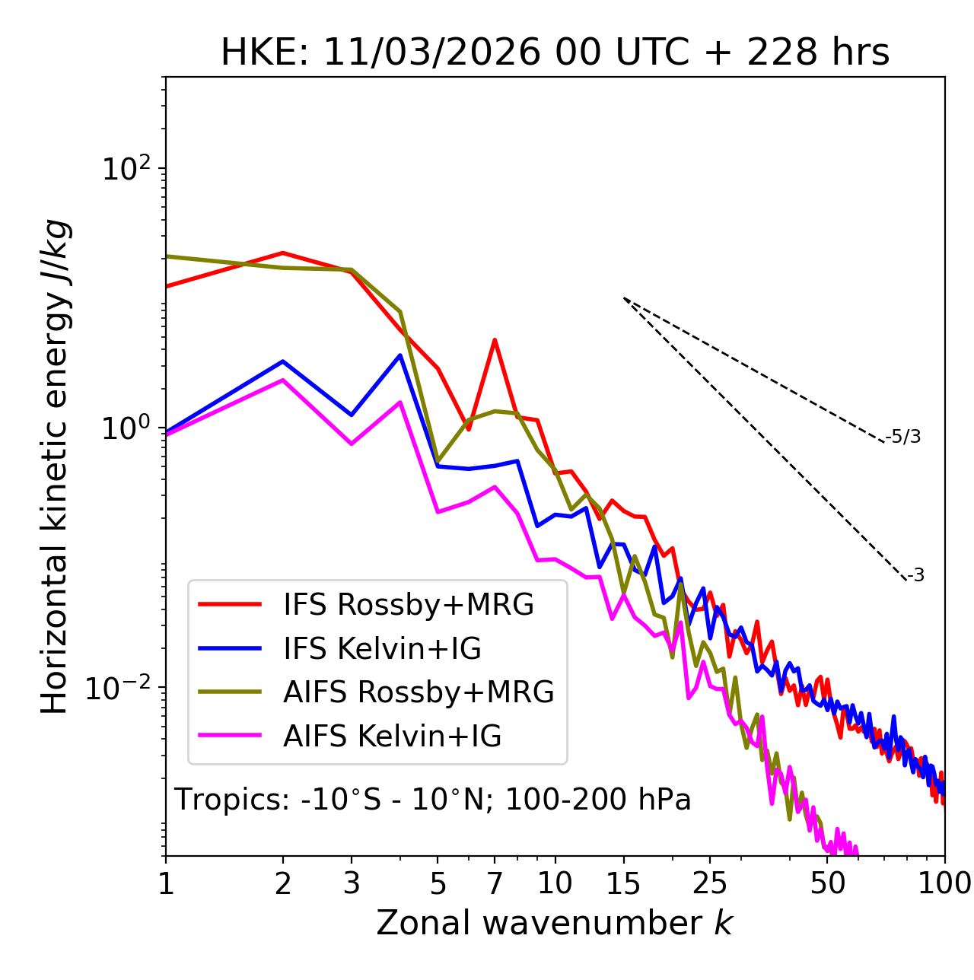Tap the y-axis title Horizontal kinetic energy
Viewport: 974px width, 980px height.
coord(55,466)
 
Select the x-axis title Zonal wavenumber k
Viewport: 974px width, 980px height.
coord(555,923)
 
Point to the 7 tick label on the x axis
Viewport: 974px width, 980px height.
coord(495,883)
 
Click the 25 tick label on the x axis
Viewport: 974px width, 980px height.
coord(709,883)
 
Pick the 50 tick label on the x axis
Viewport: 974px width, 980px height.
coord(827,883)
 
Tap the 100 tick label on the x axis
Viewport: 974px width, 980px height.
coord(944,883)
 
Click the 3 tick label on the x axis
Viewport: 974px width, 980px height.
coord(351,883)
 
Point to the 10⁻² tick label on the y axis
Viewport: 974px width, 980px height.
coord(123,688)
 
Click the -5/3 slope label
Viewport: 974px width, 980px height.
coord(903,437)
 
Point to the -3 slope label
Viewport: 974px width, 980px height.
coord(915,576)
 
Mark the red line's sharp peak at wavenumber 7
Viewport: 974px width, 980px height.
coord(495,340)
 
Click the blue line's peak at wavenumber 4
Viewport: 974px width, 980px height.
coord(400,355)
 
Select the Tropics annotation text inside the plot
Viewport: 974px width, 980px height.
coord(432,800)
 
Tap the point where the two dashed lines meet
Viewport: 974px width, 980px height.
coord(624,298)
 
